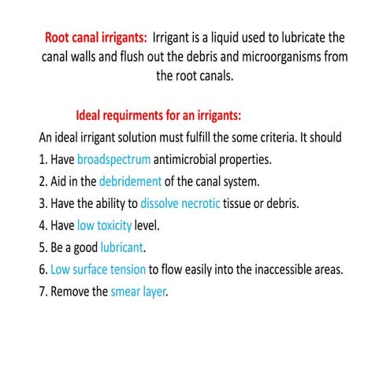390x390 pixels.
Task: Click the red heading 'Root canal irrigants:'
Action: coord(95,37)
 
